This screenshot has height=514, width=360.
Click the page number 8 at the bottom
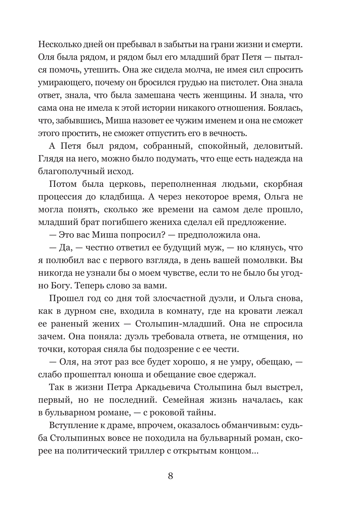pos(170,476)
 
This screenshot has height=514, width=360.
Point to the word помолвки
pos(264,260)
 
